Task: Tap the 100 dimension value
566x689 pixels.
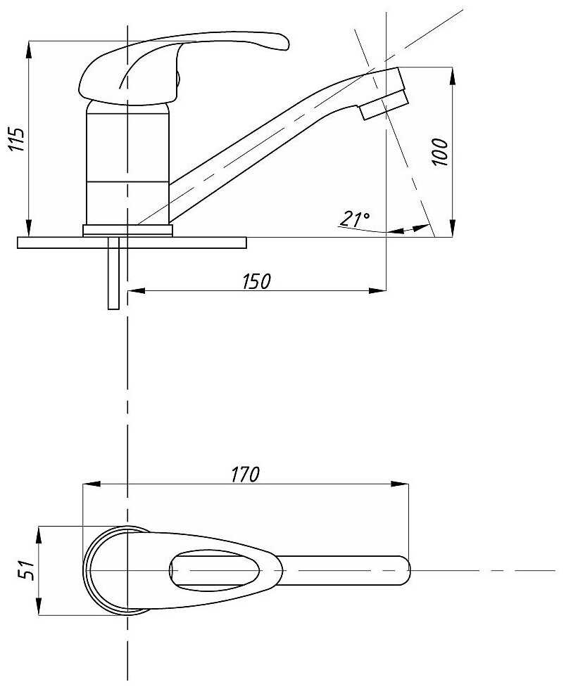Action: (x=440, y=152)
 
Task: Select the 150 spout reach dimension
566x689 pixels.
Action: (x=257, y=281)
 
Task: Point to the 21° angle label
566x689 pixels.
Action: (x=355, y=219)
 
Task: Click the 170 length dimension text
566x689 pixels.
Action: (x=246, y=475)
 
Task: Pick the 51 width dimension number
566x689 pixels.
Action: (x=25, y=569)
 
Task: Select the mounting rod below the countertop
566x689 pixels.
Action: (x=113, y=273)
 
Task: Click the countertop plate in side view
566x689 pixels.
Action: (x=132, y=243)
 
